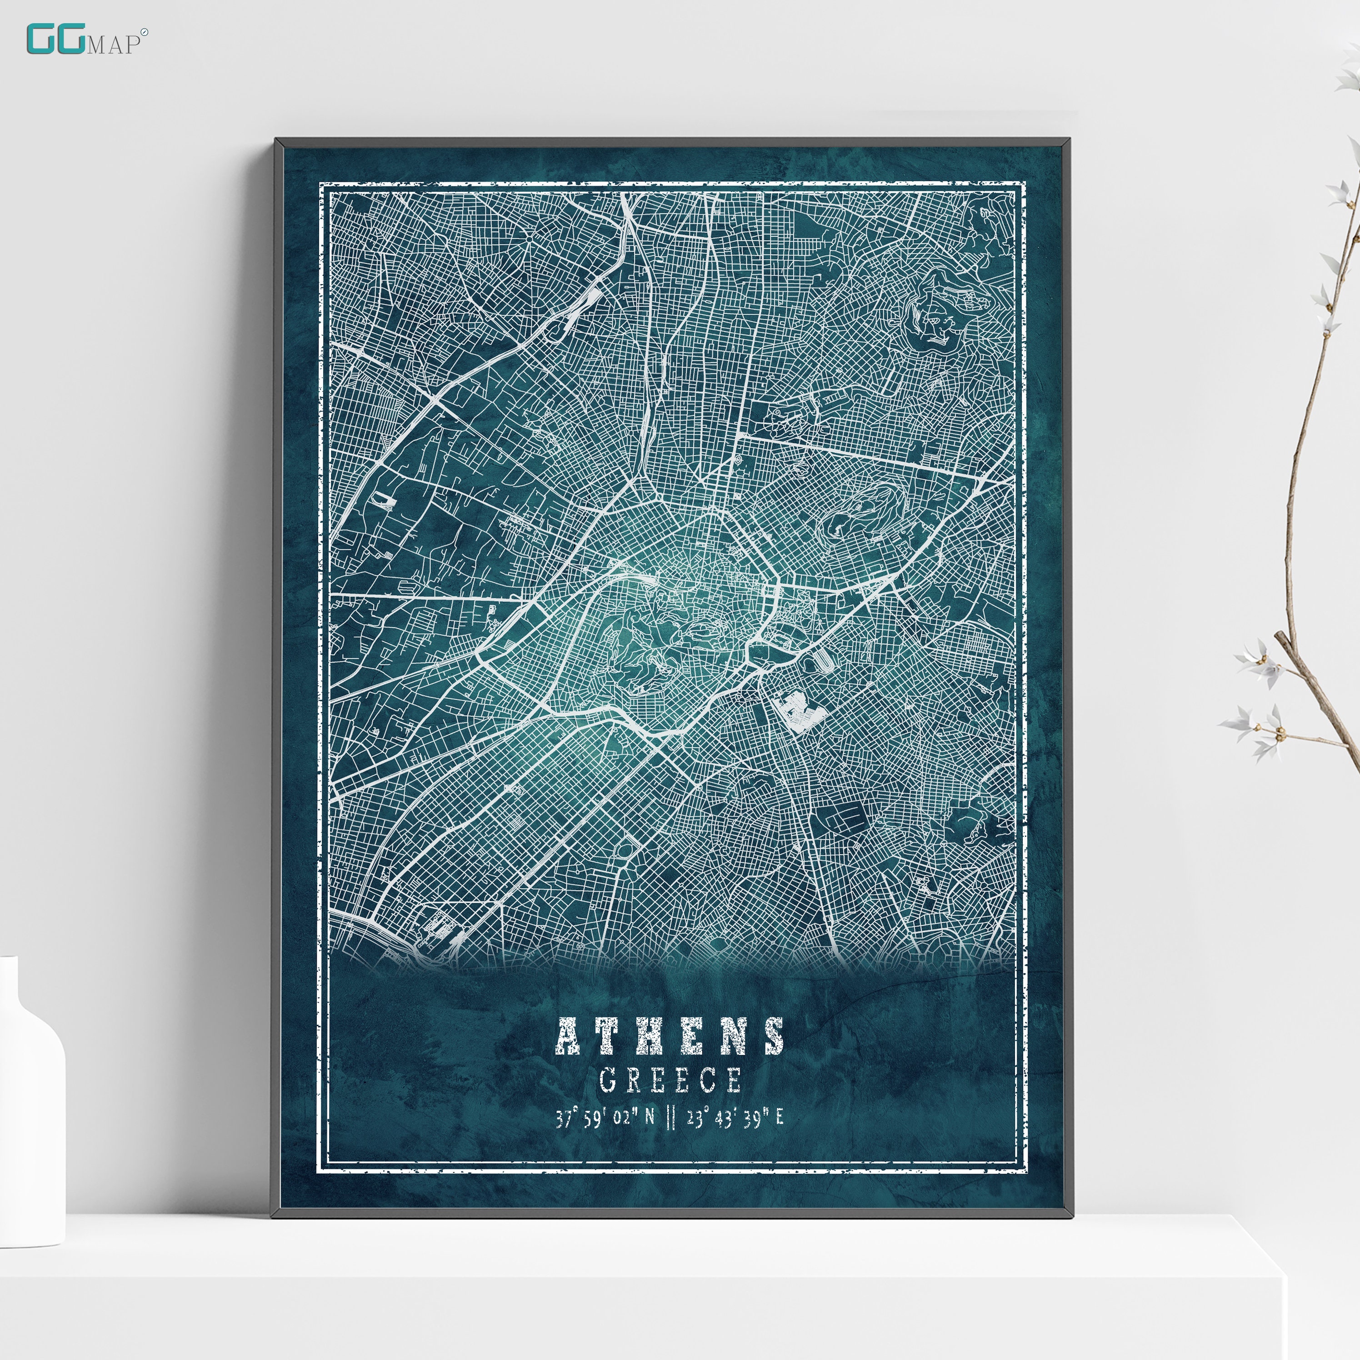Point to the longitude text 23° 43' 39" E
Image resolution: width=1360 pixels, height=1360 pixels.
(735, 1119)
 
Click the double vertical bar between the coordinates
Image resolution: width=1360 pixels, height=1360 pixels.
(670, 1119)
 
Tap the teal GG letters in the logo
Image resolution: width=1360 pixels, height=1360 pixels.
(55, 40)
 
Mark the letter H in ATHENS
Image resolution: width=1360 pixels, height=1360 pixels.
(650, 1036)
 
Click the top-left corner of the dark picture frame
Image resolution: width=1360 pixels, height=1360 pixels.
(276, 141)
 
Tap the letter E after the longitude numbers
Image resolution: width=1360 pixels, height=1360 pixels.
(779, 1119)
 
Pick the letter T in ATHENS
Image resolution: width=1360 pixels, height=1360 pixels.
(610, 1036)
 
